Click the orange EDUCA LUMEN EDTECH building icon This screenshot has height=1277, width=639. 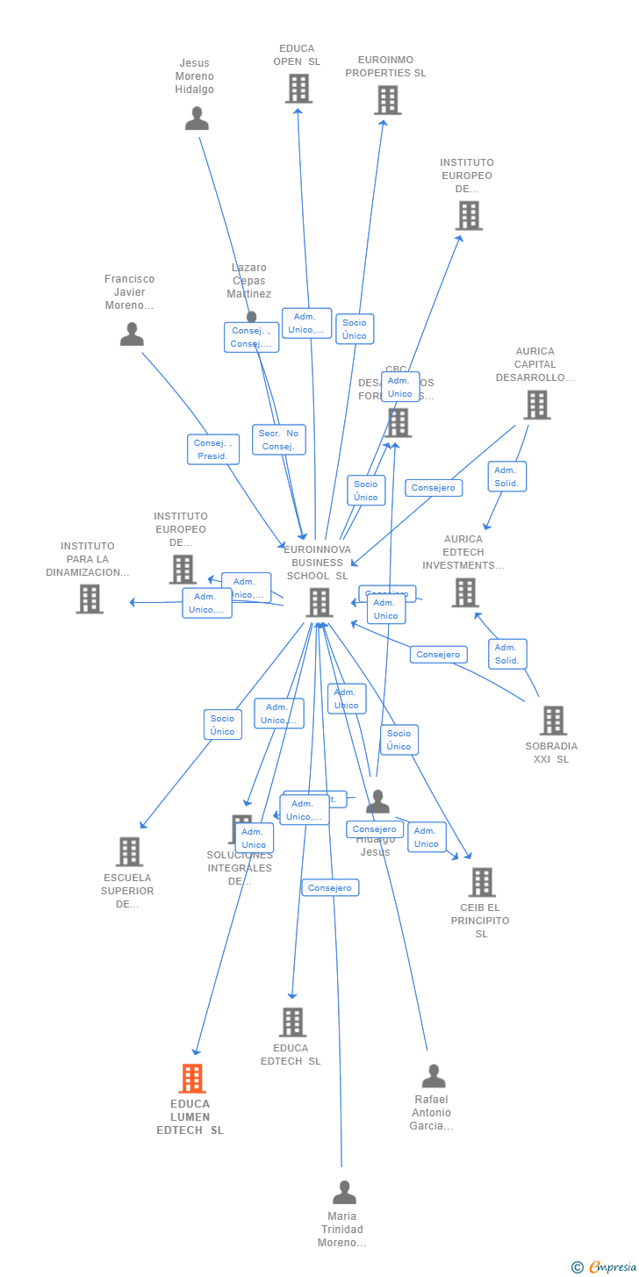pos(192,1078)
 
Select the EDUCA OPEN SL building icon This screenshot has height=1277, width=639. pos(298,89)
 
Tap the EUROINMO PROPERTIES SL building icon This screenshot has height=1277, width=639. pos(387,100)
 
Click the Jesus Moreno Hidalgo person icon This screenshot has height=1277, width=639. pos(197,118)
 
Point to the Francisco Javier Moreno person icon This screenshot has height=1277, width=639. pos(132,334)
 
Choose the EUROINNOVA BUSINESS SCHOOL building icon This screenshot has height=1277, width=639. pos(319,602)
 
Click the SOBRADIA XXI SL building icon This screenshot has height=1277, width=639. pos(553,721)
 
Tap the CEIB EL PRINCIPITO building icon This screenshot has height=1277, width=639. pos(481,882)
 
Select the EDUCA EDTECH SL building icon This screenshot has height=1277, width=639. pos(292,1022)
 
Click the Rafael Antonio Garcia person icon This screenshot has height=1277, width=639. pos(434,1076)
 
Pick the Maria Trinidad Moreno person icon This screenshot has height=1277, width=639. pos(344,1193)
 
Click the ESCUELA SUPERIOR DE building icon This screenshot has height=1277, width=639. pos(129,851)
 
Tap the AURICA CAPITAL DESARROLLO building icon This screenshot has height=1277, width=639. pos(536,405)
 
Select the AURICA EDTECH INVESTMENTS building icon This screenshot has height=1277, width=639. pos(464,592)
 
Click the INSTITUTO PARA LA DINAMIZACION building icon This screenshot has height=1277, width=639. pos(90,599)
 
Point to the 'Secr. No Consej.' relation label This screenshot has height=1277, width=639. pos(279,440)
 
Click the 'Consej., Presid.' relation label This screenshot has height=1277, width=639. pos(212,449)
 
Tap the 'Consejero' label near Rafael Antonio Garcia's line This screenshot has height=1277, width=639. pos(330,887)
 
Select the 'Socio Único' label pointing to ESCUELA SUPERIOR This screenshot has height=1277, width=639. pos(222,725)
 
